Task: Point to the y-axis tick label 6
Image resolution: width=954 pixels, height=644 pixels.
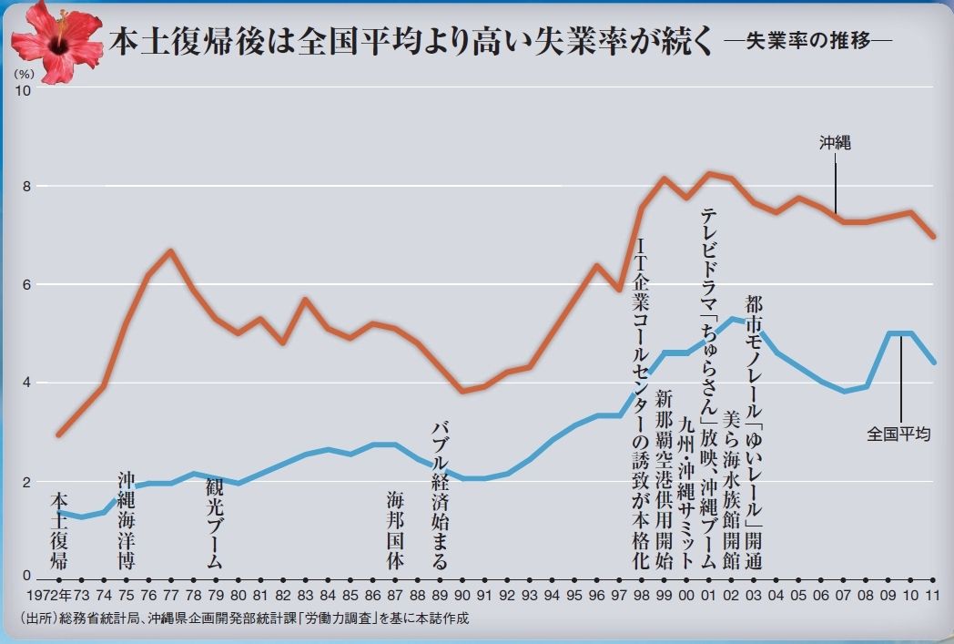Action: [25, 285]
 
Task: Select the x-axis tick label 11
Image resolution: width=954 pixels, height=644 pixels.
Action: [932, 597]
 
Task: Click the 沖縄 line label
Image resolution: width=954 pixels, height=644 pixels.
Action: [834, 143]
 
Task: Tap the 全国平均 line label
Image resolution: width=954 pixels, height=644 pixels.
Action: [898, 434]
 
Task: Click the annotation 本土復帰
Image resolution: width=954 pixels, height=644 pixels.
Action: [59, 532]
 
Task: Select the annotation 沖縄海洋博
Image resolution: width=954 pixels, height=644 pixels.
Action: [127, 520]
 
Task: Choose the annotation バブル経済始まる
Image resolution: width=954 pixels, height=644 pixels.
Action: [440, 495]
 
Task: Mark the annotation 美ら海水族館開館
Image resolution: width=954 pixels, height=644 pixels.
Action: [730, 489]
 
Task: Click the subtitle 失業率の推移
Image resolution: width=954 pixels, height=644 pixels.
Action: [805, 42]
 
